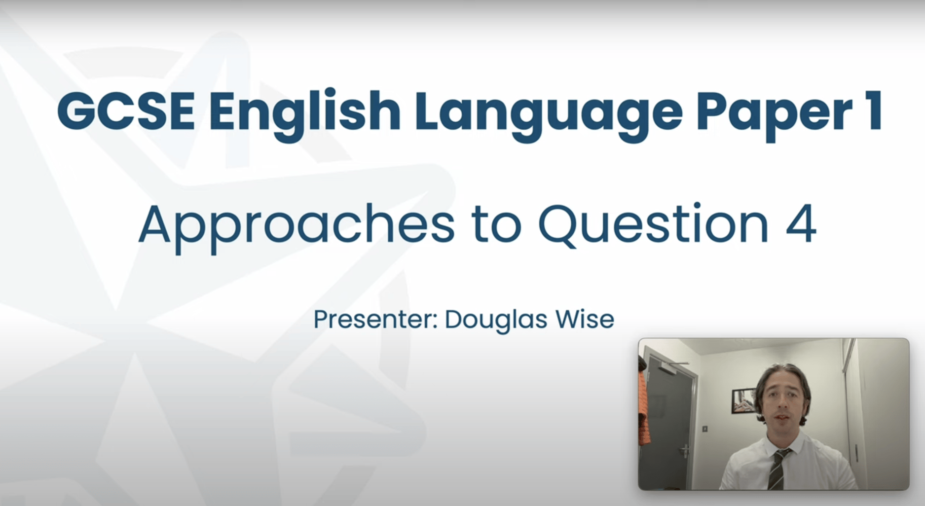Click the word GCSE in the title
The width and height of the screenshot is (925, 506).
pyautogui.click(x=125, y=112)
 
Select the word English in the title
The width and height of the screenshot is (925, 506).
pyautogui.click(x=304, y=112)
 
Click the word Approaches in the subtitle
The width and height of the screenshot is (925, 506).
pyautogui.click(x=296, y=224)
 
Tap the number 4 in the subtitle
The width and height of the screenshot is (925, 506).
pyautogui.click(x=801, y=224)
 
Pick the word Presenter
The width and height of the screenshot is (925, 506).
pyautogui.click(x=375, y=320)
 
